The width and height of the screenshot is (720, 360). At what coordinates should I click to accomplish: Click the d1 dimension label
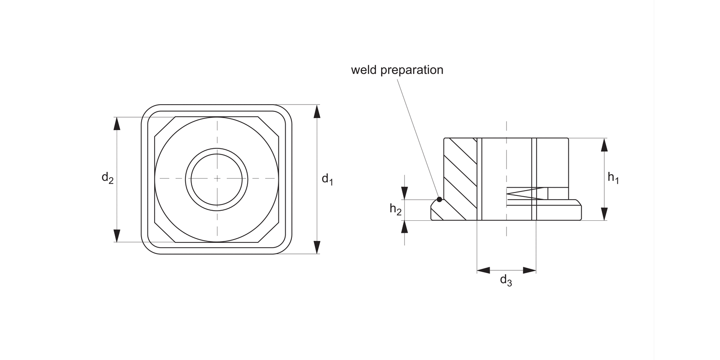pyautogui.click(x=327, y=180)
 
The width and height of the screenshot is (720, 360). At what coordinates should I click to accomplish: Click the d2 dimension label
pyautogui.click(x=108, y=178)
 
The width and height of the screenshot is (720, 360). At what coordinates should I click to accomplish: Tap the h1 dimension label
pyautogui.click(x=613, y=178)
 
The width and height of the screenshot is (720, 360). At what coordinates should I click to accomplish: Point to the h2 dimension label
pyautogui.click(x=396, y=209)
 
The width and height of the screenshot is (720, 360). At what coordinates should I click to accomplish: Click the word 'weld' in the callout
pyautogui.click(x=364, y=70)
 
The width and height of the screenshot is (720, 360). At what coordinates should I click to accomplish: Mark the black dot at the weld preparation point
pyautogui.click(x=439, y=199)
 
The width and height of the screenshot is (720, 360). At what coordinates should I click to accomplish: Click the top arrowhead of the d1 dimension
pyautogui.click(x=317, y=111)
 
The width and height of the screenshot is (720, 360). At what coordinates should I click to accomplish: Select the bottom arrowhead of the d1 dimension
pyautogui.click(x=317, y=247)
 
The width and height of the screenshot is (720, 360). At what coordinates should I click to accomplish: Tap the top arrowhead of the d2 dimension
pyautogui.click(x=117, y=123)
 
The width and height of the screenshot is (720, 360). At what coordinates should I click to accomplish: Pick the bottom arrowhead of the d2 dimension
pyautogui.click(x=117, y=236)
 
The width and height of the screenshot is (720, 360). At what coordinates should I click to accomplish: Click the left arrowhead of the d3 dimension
pyautogui.click(x=483, y=270)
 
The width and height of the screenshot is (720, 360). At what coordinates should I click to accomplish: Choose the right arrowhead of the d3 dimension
pyautogui.click(x=529, y=270)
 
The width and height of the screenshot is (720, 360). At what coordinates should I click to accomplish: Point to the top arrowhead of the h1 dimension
pyautogui.click(x=604, y=144)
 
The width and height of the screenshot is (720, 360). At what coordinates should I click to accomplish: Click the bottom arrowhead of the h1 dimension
pyautogui.click(x=604, y=214)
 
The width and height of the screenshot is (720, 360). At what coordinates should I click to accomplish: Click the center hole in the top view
pyautogui.click(x=217, y=179)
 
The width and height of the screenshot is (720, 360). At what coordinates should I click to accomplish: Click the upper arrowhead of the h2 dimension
pyautogui.click(x=405, y=193)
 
